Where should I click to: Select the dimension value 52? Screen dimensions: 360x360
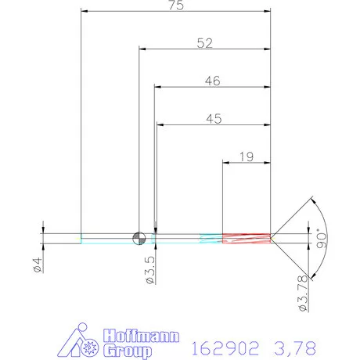[x=205, y=44]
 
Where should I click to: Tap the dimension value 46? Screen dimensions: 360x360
[x=212, y=81]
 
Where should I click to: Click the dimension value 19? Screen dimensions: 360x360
[x=245, y=157]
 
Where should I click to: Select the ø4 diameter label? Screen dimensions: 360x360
[x=37, y=259]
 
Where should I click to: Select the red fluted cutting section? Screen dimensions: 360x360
[x=247, y=238]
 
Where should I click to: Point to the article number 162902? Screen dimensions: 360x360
[x=224, y=344]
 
